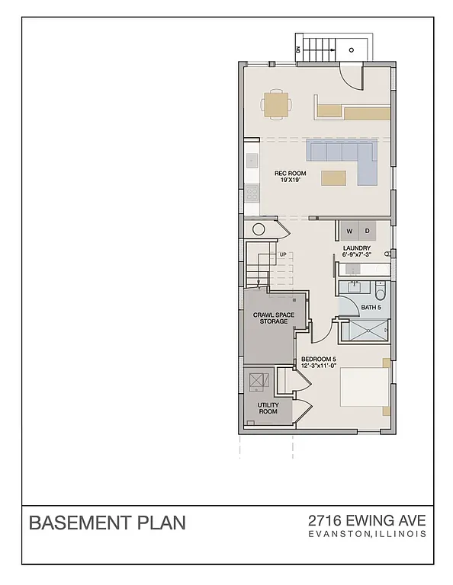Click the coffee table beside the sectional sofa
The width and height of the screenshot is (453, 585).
click(x=333, y=178)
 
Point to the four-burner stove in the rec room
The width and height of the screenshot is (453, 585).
click(x=252, y=193)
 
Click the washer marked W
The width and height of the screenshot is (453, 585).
click(x=349, y=231)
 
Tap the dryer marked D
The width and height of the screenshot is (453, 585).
click(x=367, y=231)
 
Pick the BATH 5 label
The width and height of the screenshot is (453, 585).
click(x=371, y=308)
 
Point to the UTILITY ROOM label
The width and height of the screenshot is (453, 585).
click(x=267, y=408)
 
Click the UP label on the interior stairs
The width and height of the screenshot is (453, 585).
click(x=283, y=254)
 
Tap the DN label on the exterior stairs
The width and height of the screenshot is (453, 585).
click(x=298, y=50)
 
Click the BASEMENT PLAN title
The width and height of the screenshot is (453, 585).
click(x=107, y=523)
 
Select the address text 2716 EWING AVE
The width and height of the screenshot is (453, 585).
click(x=367, y=521)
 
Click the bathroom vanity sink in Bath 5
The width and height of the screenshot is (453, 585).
click(x=353, y=287)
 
